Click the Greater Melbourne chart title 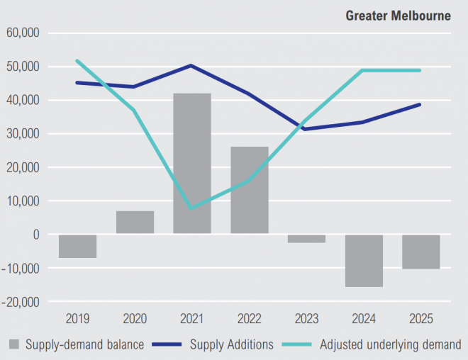pyautogui.click(x=398, y=16)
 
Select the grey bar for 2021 pyautogui.click(x=192, y=163)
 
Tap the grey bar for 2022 pyautogui.click(x=250, y=190)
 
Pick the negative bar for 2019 pyautogui.click(x=78, y=246)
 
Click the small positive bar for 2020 pyautogui.click(x=135, y=223)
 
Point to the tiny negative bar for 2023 pyautogui.click(x=306, y=239)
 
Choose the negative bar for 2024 pyautogui.click(x=364, y=260)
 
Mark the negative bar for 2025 pyautogui.click(x=420, y=252)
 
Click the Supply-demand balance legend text pyautogui.click(x=84, y=345)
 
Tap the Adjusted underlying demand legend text pyautogui.click(x=391, y=345)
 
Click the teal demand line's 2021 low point pyautogui.click(x=192, y=208)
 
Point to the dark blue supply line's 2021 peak pyautogui.click(x=192, y=66)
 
